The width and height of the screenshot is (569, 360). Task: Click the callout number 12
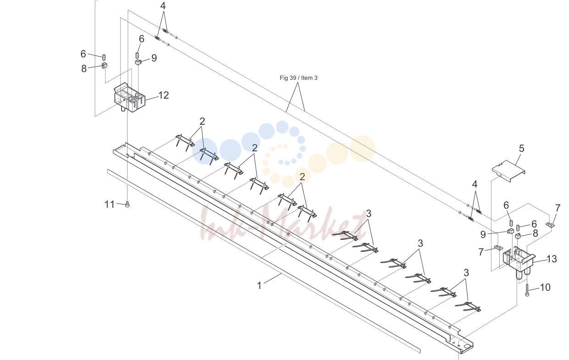(x=163, y=95)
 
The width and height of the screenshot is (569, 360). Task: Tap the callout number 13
(x=552, y=259)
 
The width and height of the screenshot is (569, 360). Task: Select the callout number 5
(x=521, y=149)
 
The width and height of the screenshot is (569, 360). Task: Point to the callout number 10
(x=545, y=288)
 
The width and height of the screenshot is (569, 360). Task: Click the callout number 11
(x=110, y=205)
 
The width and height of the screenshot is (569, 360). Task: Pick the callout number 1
(x=259, y=286)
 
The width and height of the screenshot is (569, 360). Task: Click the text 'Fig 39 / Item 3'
(x=298, y=78)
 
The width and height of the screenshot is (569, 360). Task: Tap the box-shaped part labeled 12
(x=129, y=98)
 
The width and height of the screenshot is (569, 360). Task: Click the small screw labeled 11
(x=128, y=204)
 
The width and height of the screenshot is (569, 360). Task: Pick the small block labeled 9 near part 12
(x=138, y=62)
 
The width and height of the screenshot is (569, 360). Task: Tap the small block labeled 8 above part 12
(x=105, y=65)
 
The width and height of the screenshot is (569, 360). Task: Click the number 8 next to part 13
(x=535, y=233)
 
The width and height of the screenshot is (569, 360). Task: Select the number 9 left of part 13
(x=483, y=235)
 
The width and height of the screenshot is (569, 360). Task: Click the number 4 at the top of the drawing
(x=163, y=6)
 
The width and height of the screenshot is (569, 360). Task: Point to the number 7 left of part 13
(x=481, y=252)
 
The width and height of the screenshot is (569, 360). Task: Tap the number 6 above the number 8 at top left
(x=83, y=54)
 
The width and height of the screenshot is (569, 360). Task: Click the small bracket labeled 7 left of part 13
(x=499, y=248)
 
